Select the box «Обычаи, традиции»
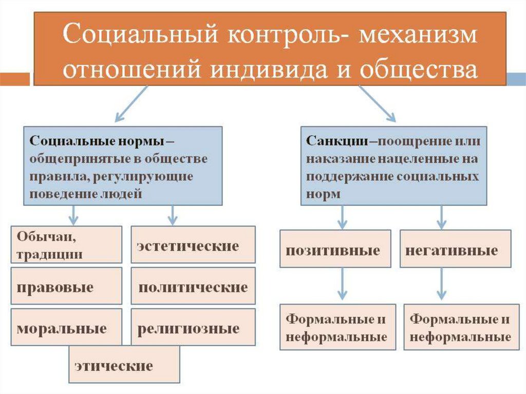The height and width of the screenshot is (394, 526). (66, 245)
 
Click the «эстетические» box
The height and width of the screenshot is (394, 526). (193, 245)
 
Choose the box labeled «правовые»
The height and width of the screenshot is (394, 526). (66, 286)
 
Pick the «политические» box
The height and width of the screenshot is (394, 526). (193, 286)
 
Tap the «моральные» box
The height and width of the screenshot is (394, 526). (66, 327)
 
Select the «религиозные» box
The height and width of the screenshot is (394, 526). (193, 327)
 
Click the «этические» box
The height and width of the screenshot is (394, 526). (124, 364)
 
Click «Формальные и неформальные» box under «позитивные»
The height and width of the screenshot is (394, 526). (338, 327)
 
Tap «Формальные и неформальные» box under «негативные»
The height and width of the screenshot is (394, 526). (459, 327)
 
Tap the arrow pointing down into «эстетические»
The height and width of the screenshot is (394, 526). (172, 215)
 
